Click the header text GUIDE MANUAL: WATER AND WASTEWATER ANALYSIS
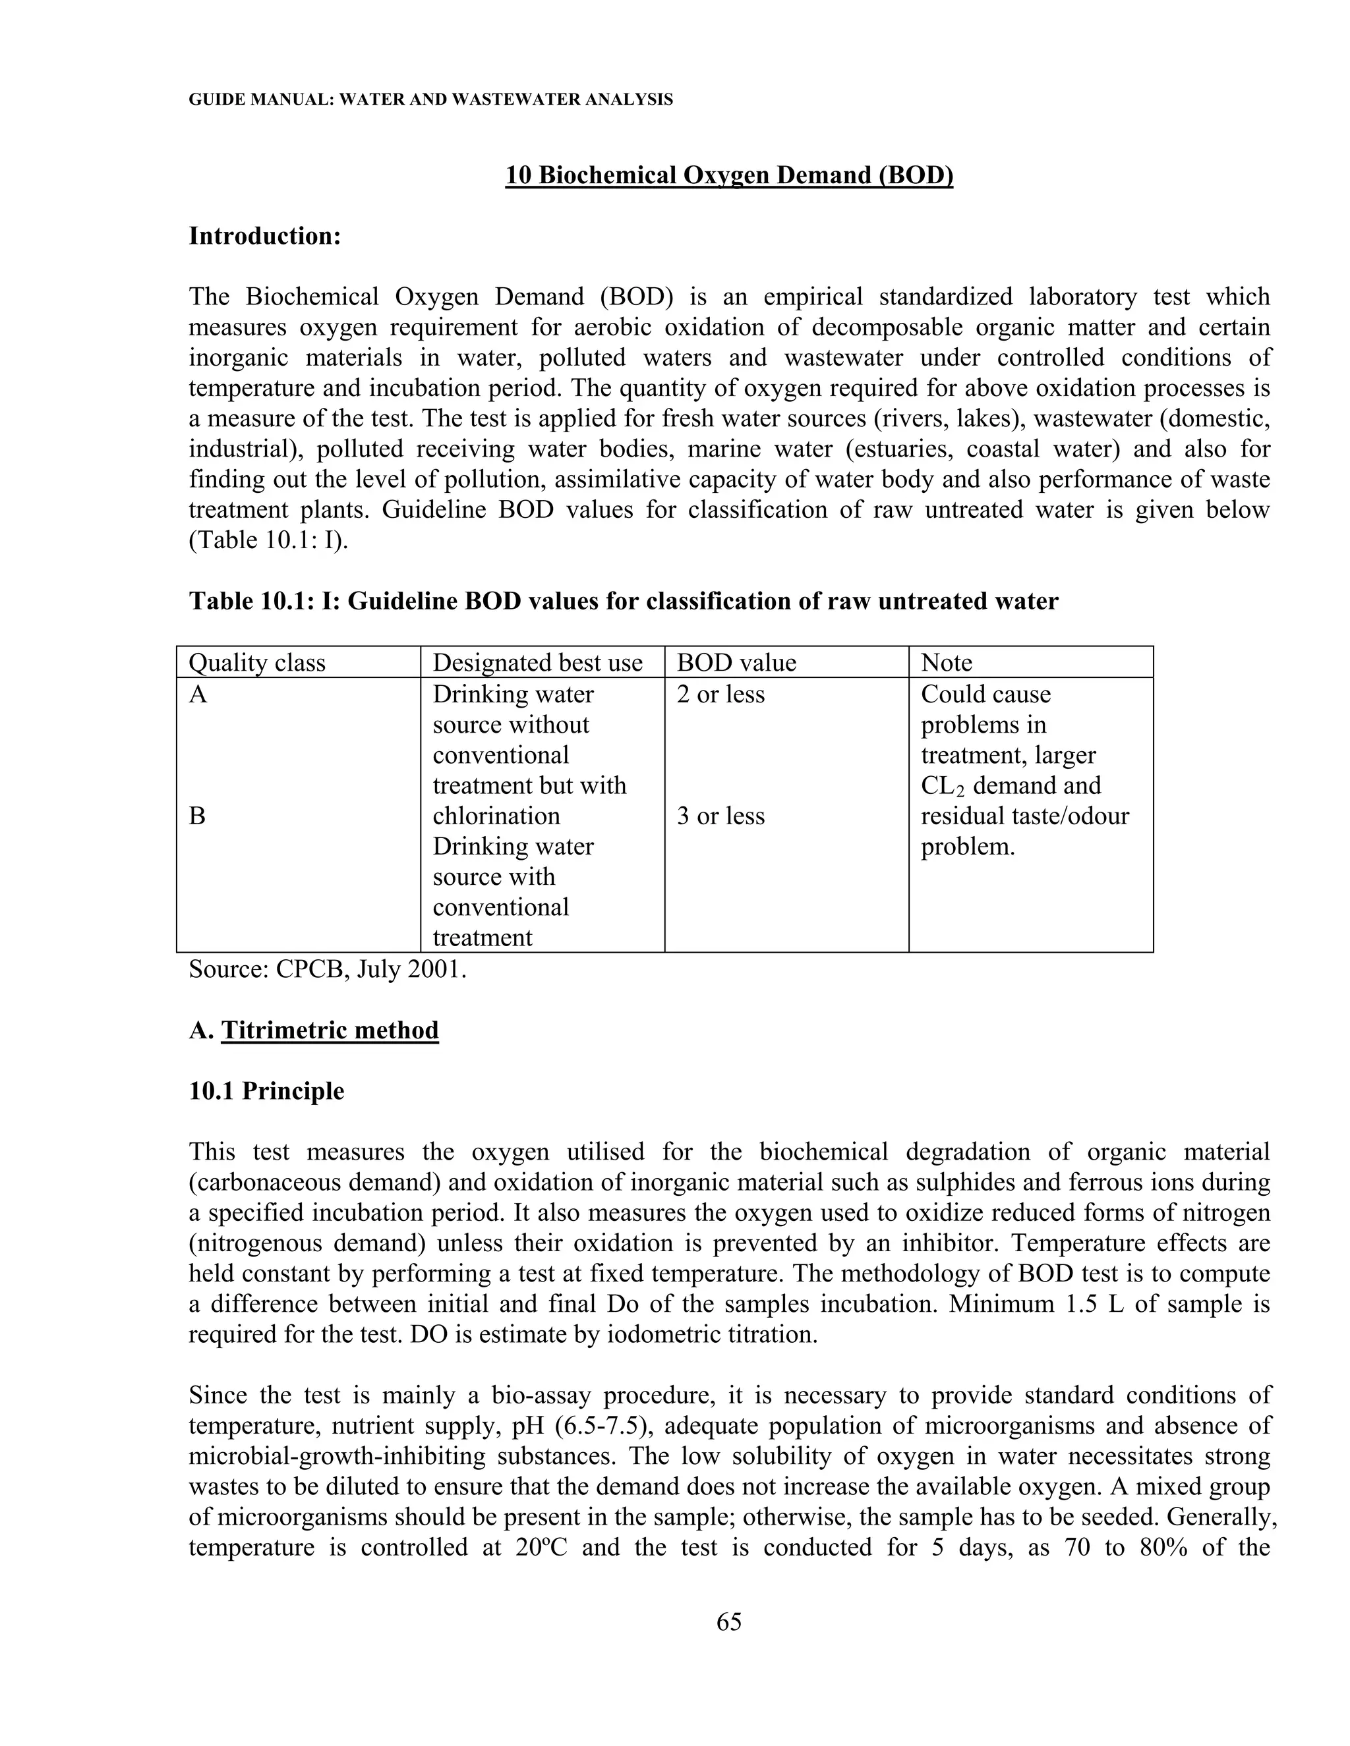430,100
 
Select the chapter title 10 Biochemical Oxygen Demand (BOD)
728,175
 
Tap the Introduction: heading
265,236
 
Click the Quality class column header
256,663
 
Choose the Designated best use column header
537,663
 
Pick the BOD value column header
736,663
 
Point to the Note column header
946,663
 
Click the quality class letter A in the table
198,694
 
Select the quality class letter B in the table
196,816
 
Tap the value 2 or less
720,694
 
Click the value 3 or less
720,816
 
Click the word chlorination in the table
496,816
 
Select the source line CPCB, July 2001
328,970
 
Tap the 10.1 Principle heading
266,1090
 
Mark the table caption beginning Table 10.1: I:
623,601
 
